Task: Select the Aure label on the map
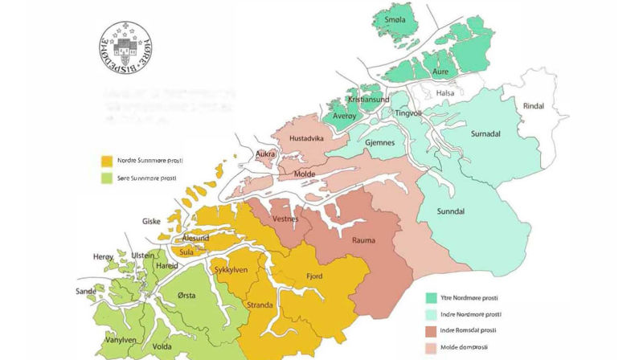point(440,72)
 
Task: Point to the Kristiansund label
point(368,99)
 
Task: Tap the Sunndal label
point(453,211)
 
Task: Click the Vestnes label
point(285,218)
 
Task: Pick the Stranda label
point(259,305)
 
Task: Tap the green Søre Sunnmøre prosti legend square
point(105,178)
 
